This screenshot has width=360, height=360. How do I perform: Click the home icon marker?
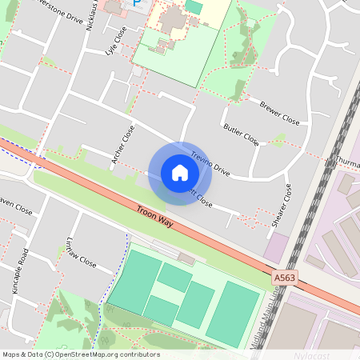click(x=180, y=173)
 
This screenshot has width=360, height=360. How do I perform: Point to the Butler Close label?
click(x=241, y=134)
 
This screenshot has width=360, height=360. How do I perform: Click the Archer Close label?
click(x=123, y=146)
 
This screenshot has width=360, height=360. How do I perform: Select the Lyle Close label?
click(x=116, y=42)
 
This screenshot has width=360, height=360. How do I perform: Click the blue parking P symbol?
click(x=136, y=5)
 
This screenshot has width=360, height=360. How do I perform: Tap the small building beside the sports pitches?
click(x=186, y=258)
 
